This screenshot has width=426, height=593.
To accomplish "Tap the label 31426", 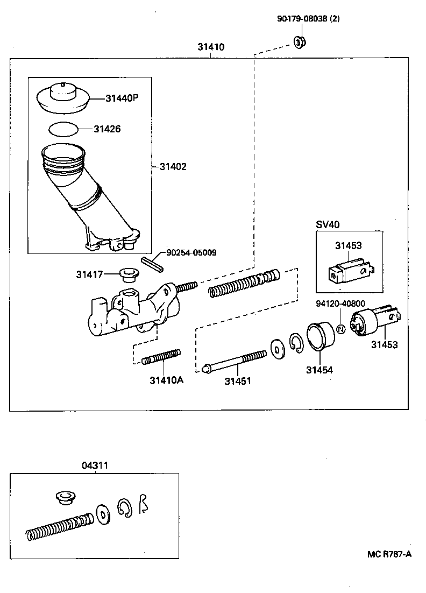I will click(107, 129).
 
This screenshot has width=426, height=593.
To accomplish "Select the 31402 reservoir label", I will click(173, 167).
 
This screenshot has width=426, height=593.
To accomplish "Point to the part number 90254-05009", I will click(191, 252).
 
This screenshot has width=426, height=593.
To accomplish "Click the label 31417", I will click(89, 274).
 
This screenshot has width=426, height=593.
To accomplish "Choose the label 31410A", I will click(166, 380).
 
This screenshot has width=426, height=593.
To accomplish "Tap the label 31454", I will click(319, 370).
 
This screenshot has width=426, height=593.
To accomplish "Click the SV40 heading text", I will click(326, 224).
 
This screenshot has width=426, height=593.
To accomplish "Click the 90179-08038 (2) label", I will click(308, 19).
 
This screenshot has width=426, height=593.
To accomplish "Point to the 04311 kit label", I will click(95, 465).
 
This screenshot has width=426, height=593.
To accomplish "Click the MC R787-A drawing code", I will click(390, 555).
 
